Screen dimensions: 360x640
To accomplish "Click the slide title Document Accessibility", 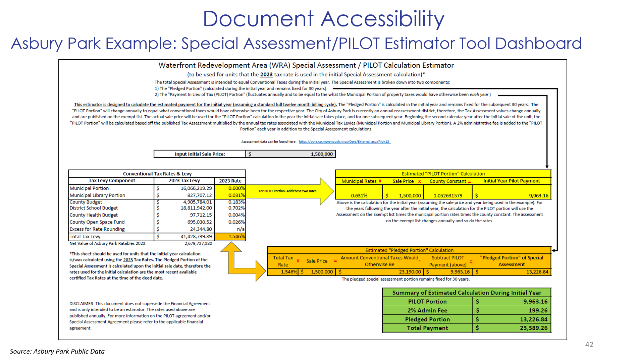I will coord(323,19).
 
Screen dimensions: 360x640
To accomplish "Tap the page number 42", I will coord(589,345).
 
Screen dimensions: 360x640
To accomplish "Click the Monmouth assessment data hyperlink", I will coord(344,142).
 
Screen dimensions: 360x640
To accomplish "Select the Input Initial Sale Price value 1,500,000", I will coord(321,154).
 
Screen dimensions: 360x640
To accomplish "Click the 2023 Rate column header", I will coord(230,181).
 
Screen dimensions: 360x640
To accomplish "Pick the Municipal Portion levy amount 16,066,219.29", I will coord(196,188).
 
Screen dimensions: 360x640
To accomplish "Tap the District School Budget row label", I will coord(94,208).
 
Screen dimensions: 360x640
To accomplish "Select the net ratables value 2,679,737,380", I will coord(198,244).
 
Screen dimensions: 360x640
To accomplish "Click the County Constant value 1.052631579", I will coord(448,196).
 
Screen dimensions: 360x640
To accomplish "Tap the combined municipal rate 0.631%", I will coord(359,196).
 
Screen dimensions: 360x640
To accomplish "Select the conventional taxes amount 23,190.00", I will coord(410,272).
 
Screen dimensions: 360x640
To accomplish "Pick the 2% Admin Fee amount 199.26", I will coord(538,311).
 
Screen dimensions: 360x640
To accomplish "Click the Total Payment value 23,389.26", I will coord(533,328).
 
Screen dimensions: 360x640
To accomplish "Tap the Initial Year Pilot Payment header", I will coord(511,181).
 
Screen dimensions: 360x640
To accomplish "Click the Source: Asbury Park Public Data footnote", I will coord(57,351).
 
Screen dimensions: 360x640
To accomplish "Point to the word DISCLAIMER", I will coord(82,304).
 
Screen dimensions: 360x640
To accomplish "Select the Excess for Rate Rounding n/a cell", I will coord(241,229).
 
